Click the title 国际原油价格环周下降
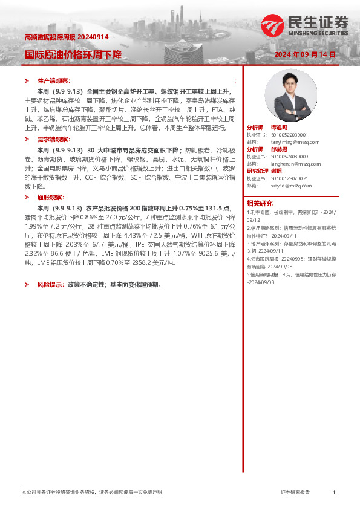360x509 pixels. point(73,54)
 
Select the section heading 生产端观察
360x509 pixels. point(54,80)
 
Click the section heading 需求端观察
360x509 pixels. point(54,139)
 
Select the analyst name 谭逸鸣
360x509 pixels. point(279,128)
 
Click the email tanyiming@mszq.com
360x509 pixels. point(287,142)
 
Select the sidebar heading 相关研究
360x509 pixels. point(260,203)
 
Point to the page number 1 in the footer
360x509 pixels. point(334,493)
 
